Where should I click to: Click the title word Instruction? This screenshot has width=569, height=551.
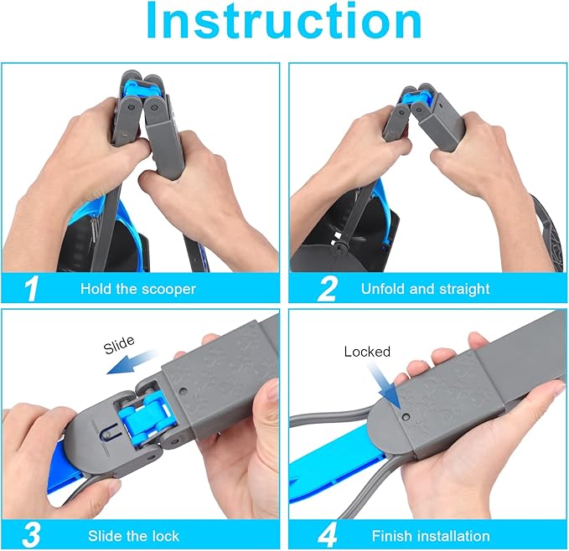(284, 20)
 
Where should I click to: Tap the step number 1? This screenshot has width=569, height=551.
(31, 289)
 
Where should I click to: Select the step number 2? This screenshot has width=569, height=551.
(327, 289)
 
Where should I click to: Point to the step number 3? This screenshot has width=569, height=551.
(31, 535)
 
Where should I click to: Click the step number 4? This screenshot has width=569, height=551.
(328, 535)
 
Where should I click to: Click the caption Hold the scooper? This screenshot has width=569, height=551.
(138, 289)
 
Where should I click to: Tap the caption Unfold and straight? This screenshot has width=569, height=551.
(426, 289)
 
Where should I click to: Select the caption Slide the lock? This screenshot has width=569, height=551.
(133, 536)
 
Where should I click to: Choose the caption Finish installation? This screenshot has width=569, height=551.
(431, 536)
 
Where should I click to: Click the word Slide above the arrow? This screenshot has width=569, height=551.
(119, 345)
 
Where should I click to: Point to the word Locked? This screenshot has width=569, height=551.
(367, 352)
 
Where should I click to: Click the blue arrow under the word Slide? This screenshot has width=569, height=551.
(132, 362)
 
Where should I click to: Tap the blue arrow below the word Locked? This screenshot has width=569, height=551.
(384, 386)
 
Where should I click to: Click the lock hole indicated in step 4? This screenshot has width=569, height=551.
(406, 417)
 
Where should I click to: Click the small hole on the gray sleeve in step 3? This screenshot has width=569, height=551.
(183, 392)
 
